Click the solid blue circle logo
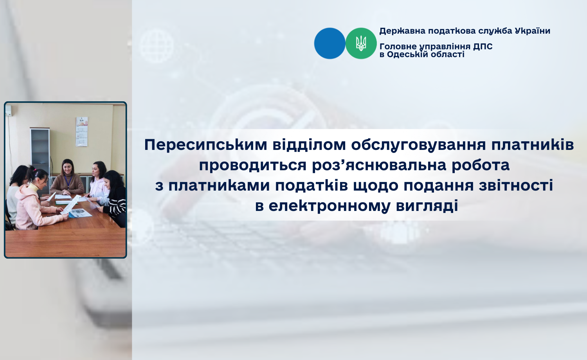pos(330,43)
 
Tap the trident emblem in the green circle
pos(361,43)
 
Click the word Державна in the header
pos(403,31)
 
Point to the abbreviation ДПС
pos(483,47)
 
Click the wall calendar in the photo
pos(81,131)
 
